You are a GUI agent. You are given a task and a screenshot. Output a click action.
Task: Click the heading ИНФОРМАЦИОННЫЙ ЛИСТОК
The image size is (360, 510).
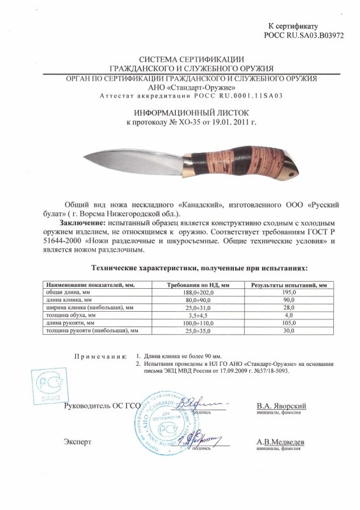pyautogui.click(x=180, y=110)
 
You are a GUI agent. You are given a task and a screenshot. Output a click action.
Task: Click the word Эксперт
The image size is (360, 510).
pyautogui.click(x=76, y=441)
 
